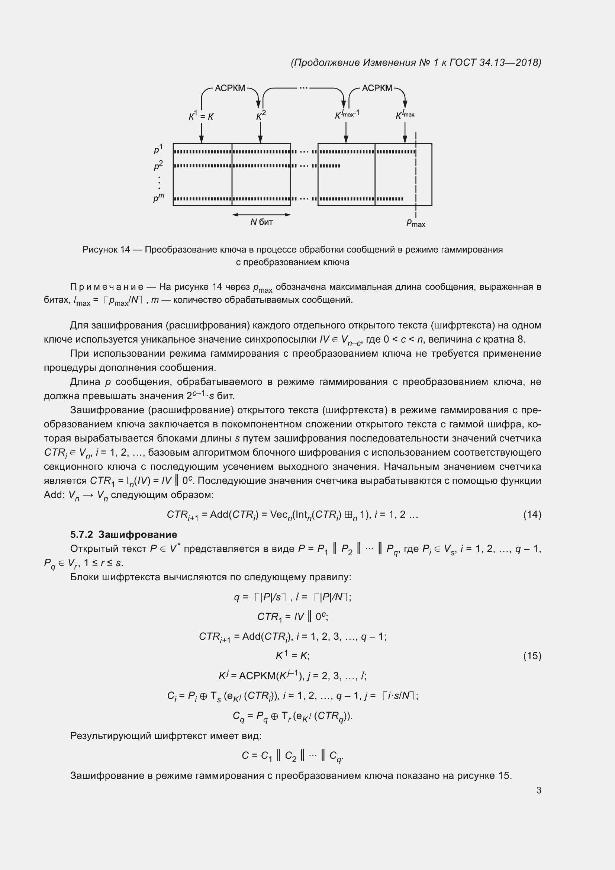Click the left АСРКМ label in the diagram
[230, 88]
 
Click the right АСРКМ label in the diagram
[377, 88]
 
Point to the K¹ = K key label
[201, 116]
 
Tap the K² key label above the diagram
[261, 115]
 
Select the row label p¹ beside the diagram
[158, 149]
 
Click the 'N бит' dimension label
[261, 222]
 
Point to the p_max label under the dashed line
[415, 223]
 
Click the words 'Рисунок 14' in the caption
[106, 249]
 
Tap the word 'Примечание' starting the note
[107, 286]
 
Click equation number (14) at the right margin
[532, 514]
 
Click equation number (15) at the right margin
[532, 656]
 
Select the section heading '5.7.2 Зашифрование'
[123, 534]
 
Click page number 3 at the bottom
[538, 790]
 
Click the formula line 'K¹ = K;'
[292, 655]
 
